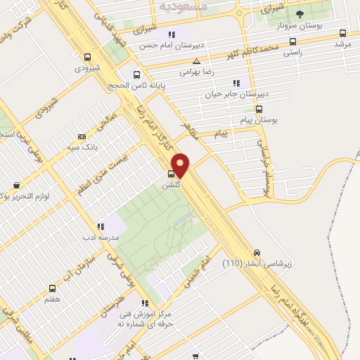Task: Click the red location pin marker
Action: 181,165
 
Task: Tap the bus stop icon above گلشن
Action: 172,173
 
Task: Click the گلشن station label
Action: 172,184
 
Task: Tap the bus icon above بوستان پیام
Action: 259,109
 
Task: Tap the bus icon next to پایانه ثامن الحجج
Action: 136,75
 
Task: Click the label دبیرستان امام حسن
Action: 166,45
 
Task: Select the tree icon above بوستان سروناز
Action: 300,13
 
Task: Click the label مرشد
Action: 342,44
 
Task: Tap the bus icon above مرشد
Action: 342,33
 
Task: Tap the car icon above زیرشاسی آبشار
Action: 257,253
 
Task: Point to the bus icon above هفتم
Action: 52,288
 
